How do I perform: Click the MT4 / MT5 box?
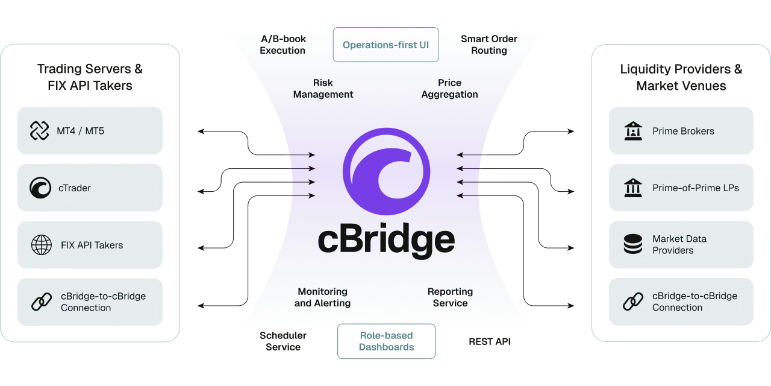(89, 130)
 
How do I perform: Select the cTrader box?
(89, 188)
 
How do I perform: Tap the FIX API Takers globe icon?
(40, 245)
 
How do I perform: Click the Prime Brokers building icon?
(633, 131)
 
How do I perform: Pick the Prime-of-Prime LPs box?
(681, 188)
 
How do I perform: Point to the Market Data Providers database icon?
(633, 244)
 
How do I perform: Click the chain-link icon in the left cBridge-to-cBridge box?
(41, 302)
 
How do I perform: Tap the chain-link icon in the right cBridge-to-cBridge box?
(633, 302)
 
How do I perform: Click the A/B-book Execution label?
(282, 45)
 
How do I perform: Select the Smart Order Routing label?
(489, 45)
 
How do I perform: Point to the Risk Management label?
(323, 89)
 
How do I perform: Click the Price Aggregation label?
(449, 89)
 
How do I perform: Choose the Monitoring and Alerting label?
(322, 297)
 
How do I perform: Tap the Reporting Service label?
(450, 297)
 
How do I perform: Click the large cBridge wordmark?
(386, 240)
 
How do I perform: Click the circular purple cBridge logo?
(386, 171)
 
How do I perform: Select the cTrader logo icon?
(40, 188)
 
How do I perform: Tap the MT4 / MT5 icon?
(40, 130)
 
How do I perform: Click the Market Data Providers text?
(679, 244)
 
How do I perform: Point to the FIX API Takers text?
(92, 245)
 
